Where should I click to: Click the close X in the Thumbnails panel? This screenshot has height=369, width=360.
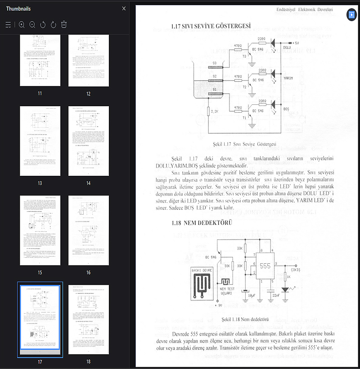[124, 9]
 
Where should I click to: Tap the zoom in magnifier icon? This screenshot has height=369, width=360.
[22, 24]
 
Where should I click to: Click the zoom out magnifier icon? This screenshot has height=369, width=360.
[32, 24]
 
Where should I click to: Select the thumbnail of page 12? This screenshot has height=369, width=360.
[89, 61]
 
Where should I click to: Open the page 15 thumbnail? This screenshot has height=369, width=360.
[40, 230]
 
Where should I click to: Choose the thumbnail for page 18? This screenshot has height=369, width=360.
[89, 319]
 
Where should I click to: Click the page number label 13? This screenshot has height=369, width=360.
[40, 183]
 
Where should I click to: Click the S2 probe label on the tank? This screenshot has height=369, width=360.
[215, 76]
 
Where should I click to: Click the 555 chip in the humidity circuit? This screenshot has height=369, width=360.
[265, 265]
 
